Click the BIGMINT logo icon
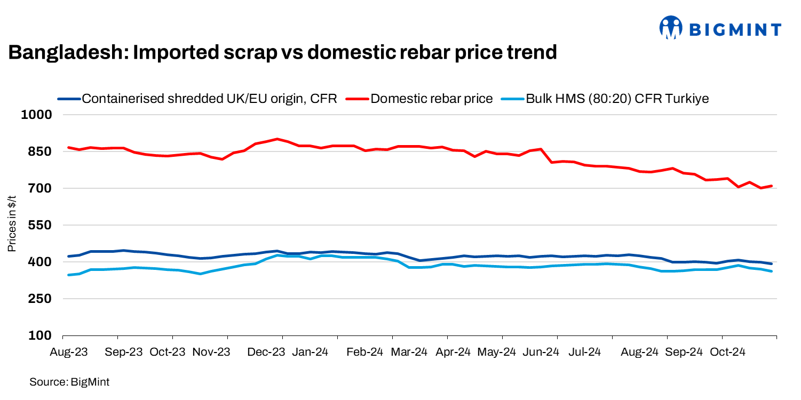click(x=671, y=27)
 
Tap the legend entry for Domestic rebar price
click(x=431, y=99)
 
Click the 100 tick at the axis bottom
click(x=42, y=336)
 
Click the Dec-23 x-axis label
click(x=266, y=352)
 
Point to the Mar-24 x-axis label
click(x=409, y=352)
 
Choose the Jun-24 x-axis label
click(x=541, y=352)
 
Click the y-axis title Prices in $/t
click(x=12, y=225)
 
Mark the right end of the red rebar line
click(x=772, y=186)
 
